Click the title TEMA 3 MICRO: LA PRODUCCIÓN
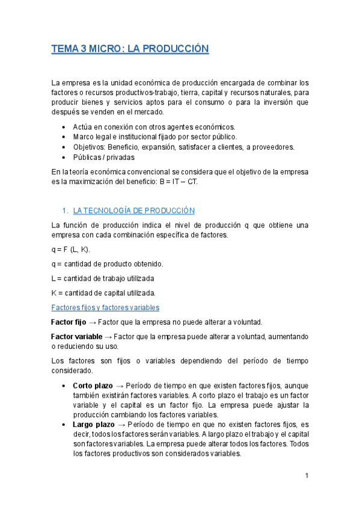point(130,49)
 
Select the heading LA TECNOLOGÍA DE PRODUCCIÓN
point(134,210)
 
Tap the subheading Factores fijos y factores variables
point(105,307)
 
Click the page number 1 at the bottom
point(307,476)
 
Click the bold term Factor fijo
point(69,322)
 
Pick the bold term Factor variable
point(76,336)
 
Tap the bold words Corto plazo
point(93,385)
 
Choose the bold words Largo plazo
point(93,424)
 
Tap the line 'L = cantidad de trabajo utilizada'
point(103,278)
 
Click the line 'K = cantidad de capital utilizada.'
point(103,293)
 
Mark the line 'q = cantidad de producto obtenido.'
point(107,264)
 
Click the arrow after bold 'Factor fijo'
point(91,322)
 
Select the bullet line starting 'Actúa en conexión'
point(154,127)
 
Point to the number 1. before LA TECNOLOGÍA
point(66,210)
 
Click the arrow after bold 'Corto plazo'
point(119,385)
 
